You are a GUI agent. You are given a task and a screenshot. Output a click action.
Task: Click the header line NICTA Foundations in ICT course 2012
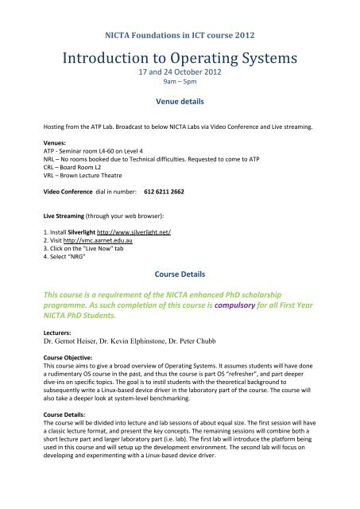180,35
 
